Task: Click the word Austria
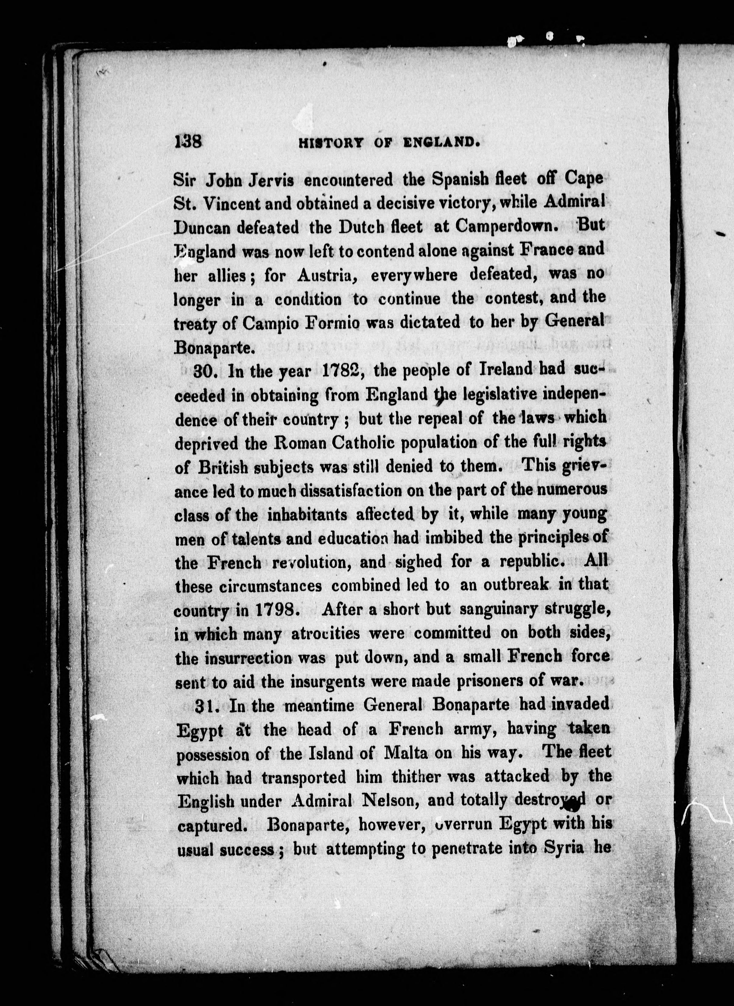coord(328,276)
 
